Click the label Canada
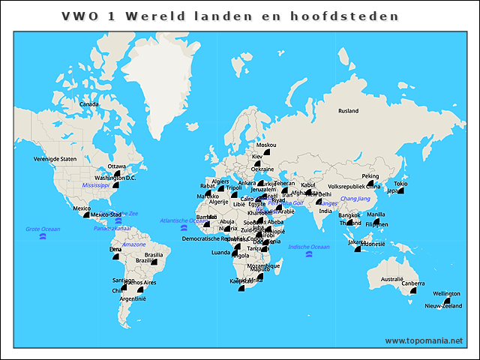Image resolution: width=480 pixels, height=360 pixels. click(89, 104)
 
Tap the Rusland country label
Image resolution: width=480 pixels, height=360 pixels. click(348, 111)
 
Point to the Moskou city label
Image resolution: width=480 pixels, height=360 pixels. click(266, 145)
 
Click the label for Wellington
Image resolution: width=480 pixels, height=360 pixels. click(446, 294)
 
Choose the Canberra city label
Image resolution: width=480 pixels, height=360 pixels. click(412, 283)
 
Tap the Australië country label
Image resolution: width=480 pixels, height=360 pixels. click(392, 279)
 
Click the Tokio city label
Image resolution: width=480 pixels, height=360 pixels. click(400, 184)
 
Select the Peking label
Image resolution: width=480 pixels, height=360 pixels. click(370, 176)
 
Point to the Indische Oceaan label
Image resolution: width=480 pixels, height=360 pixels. click(309, 247)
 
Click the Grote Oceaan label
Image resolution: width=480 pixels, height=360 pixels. click(43, 229)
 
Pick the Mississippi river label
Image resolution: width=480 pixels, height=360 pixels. click(96, 184)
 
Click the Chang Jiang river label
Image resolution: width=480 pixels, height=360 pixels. click(355, 199)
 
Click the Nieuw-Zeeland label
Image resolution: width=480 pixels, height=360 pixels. click(443, 306)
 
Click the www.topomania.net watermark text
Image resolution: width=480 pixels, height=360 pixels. click(424, 340)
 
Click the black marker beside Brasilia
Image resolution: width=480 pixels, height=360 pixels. click(154, 262)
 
